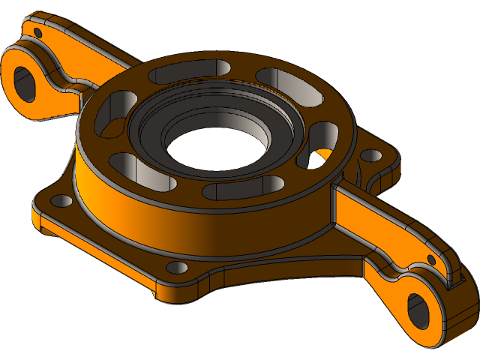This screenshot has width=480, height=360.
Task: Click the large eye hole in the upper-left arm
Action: tap(25, 82)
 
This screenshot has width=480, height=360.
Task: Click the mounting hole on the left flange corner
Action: tap(61, 200)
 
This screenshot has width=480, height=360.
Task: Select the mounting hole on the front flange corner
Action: tap(177, 267)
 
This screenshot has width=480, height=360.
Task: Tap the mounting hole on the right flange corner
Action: tap(371, 156)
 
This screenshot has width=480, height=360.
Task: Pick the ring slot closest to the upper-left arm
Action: tap(105, 120)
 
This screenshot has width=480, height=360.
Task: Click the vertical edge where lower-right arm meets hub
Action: tap(331, 206)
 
